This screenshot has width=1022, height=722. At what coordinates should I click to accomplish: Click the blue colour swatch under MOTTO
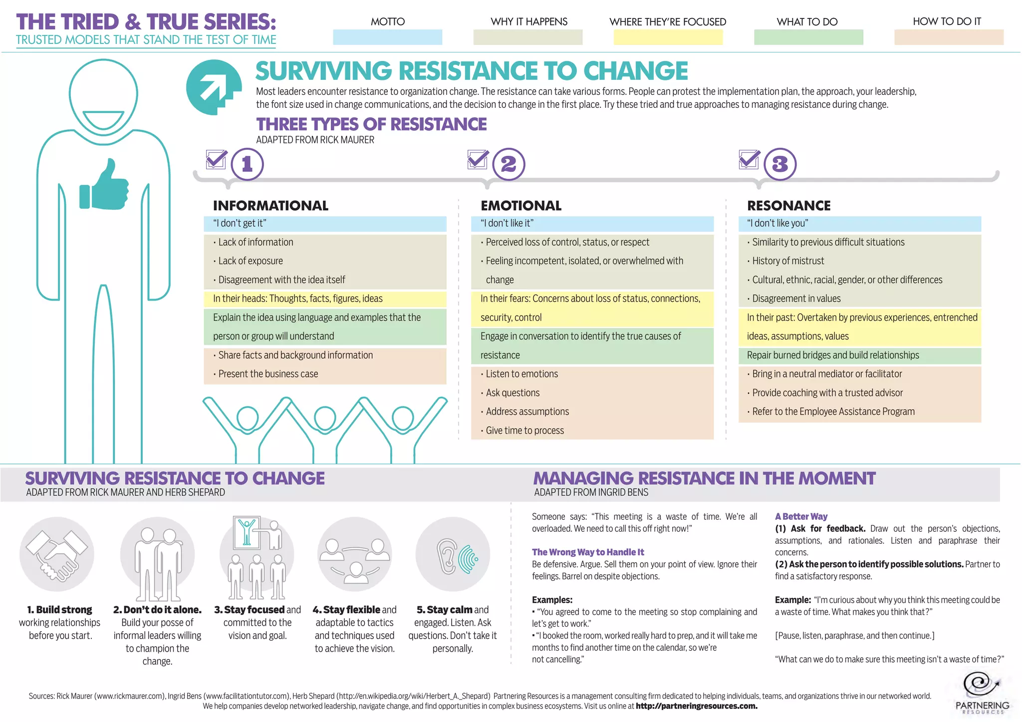click(387, 37)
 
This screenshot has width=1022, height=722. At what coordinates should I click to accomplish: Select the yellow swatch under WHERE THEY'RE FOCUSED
click(668, 37)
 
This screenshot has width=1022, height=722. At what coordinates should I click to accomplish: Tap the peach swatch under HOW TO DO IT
click(948, 37)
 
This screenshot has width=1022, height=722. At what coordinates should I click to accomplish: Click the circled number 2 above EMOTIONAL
click(509, 164)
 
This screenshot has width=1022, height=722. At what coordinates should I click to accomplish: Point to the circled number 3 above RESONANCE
click(780, 164)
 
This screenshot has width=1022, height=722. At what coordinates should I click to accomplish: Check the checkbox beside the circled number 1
click(217, 160)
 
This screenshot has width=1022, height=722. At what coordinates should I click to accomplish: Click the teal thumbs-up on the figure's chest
click(104, 185)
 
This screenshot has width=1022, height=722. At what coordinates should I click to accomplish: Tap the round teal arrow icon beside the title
click(214, 87)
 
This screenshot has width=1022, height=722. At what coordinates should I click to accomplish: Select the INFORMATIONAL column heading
click(270, 206)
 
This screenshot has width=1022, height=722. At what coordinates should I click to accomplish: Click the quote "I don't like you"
click(777, 223)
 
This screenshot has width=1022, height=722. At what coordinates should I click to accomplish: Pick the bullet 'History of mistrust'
click(788, 261)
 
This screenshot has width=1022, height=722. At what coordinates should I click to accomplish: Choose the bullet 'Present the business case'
click(268, 374)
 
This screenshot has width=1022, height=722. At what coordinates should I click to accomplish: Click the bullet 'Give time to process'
click(524, 430)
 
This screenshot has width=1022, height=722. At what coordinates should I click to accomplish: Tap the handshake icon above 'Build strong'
click(57, 554)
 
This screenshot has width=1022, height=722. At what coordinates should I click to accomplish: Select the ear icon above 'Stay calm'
click(453, 554)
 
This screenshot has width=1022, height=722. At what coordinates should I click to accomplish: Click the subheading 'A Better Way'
click(801, 516)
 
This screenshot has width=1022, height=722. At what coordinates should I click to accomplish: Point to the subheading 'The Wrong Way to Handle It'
click(588, 552)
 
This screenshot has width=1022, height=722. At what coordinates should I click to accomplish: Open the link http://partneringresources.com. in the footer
click(697, 706)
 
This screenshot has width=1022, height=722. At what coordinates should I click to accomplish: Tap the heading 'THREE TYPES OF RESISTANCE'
click(371, 124)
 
